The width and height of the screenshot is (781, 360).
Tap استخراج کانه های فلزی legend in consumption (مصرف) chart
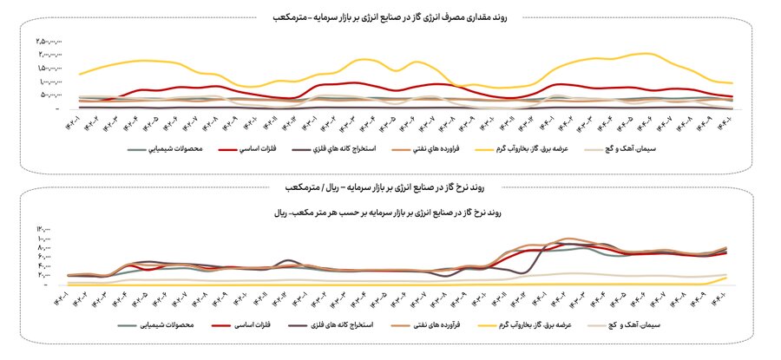coord(345,150)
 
